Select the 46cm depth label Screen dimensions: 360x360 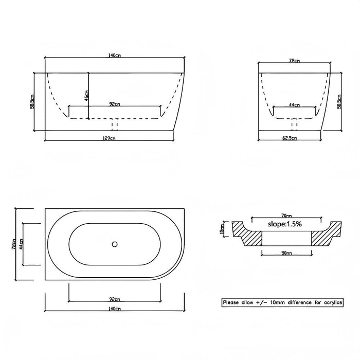coord(86,96)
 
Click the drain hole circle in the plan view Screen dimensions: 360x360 coord(115,244)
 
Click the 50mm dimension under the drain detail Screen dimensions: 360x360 coord(287,254)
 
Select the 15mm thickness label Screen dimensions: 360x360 coord(222,227)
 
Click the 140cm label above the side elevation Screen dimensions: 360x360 coord(115,55)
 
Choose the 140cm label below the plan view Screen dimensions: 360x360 coord(114,309)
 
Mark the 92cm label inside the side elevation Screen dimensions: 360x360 coord(114,104)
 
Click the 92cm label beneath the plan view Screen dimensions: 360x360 coord(114,299)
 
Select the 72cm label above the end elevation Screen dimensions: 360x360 coord(294,60)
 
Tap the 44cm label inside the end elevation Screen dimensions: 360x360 coord(294,104)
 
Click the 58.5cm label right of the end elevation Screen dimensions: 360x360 coord(339,101)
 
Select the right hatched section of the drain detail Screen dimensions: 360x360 coord(325,235)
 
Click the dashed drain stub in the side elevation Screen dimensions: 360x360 coord(115,125)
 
